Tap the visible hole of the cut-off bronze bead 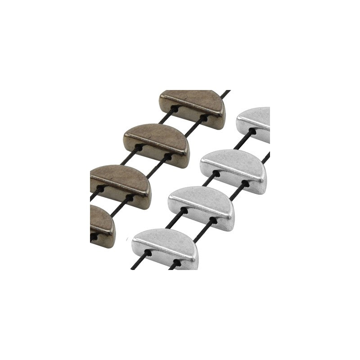click(x=95, y=234)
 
